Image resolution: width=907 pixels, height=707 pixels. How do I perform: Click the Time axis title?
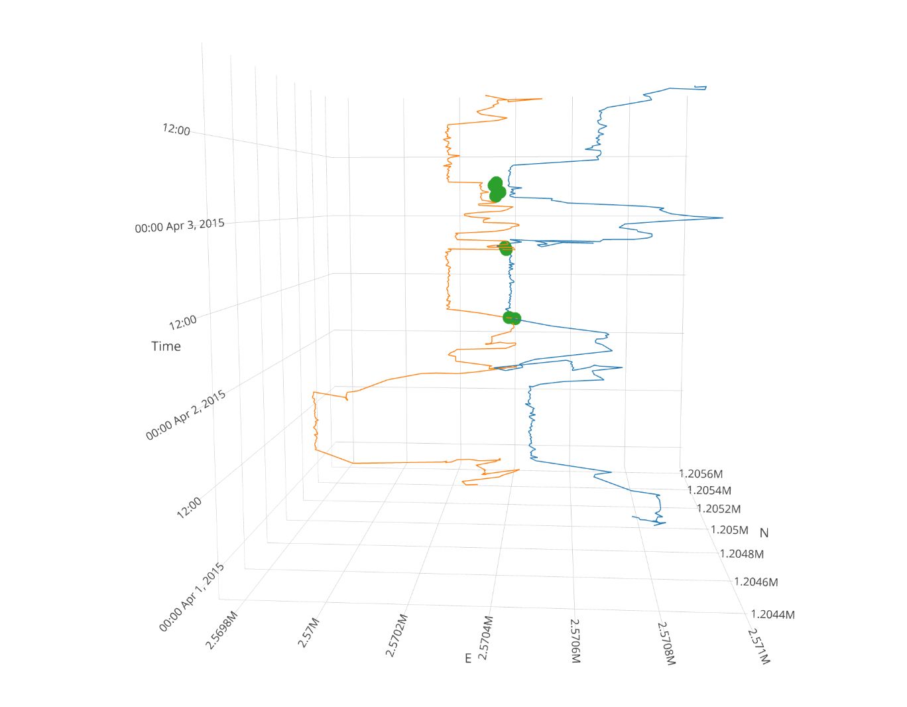coord(166,346)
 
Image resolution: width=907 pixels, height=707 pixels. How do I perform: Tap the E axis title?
coord(468,658)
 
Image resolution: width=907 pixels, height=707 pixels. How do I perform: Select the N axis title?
coord(764,533)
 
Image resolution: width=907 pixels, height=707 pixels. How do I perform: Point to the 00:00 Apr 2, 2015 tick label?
coord(186,415)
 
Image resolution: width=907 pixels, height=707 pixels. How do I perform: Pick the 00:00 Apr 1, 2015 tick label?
coord(192,597)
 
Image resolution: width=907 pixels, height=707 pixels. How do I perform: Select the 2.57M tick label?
coord(310,632)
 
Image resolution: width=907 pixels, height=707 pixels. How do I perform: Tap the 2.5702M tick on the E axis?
coord(396,635)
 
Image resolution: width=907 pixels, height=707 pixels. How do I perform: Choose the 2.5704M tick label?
coord(485,638)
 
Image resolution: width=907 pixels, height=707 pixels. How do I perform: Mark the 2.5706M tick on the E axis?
coord(575,641)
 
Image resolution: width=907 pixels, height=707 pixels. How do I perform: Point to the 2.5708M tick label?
coord(666,643)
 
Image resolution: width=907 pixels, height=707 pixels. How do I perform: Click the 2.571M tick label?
coord(758,646)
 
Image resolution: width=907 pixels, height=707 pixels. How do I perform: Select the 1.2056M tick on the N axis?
coord(701,474)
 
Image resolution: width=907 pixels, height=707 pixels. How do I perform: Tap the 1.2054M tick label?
coord(709,491)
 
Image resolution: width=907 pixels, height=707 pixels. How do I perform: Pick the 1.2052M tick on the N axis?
coord(719,509)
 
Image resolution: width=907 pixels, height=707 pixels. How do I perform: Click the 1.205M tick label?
coord(729,530)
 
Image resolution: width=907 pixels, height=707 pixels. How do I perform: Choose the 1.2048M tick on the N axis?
coord(742,554)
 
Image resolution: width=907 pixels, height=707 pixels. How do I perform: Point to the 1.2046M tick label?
coord(756,582)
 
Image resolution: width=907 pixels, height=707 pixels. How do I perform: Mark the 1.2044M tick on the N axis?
coord(772,614)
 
